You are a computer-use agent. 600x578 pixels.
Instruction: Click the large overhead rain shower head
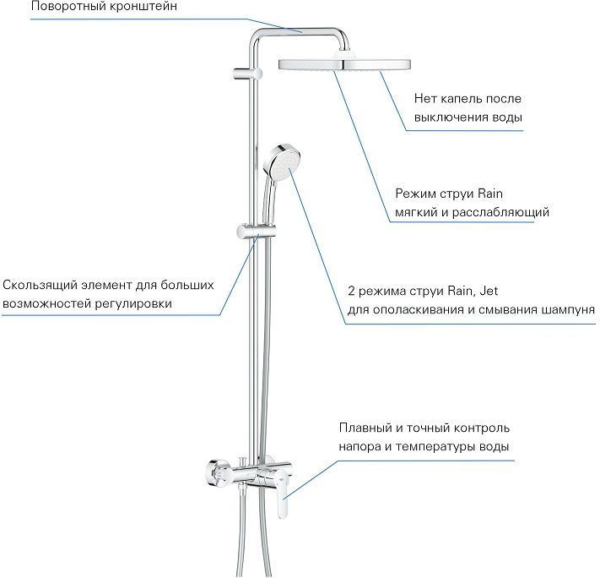point(344,64)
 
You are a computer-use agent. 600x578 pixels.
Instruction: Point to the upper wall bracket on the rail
point(246,74)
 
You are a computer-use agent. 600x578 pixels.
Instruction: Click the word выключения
point(448,117)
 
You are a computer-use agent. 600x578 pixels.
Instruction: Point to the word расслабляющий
point(500,212)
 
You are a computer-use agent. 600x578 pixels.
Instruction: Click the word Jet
point(489,291)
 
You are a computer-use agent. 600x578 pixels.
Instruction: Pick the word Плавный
point(365,428)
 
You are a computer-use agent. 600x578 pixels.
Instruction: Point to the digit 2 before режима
point(352,291)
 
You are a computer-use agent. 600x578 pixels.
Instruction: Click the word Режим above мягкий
point(416,194)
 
